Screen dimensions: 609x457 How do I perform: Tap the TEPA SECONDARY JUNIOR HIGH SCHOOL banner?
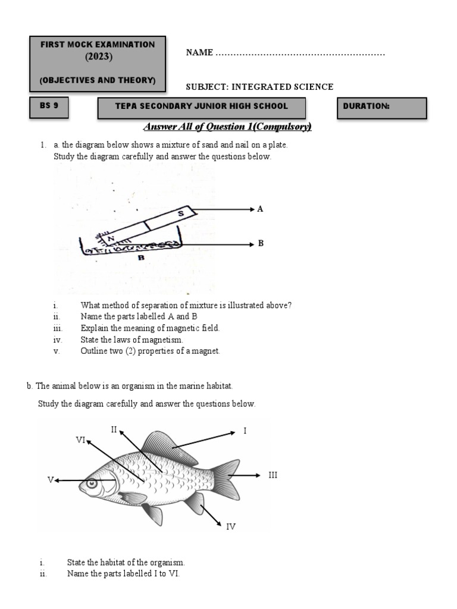pyautogui.click(x=202, y=108)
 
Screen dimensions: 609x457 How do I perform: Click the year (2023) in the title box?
pyautogui.click(x=97, y=57)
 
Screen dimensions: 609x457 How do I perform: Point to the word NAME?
pyautogui.click(x=199, y=53)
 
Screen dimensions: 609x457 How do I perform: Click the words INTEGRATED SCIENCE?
pyautogui.click(x=283, y=87)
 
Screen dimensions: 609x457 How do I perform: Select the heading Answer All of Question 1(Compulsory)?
pyautogui.click(x=228, y=127)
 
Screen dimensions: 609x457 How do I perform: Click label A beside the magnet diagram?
pyautogui.click(x=259, y=209)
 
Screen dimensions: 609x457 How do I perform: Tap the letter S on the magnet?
pyautogui.click(x=181, y=212)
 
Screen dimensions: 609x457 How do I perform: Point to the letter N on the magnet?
pyautogui.click(x=109, y=237)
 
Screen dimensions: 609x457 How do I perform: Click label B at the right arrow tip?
pyautogui.click(x=261, y=244)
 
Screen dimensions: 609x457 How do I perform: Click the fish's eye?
pyautogui.click(x=92, y=484)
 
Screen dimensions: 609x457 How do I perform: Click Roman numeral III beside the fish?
pyautogui.click(x=273, y=475)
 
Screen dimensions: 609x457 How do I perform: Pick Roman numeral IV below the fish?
pyautogui.click(x=231, y=526)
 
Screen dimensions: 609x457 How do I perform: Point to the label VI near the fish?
pyautogui.click(x=81, y=440)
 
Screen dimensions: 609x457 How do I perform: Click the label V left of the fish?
pyautogui.click(x=51, y=479)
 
